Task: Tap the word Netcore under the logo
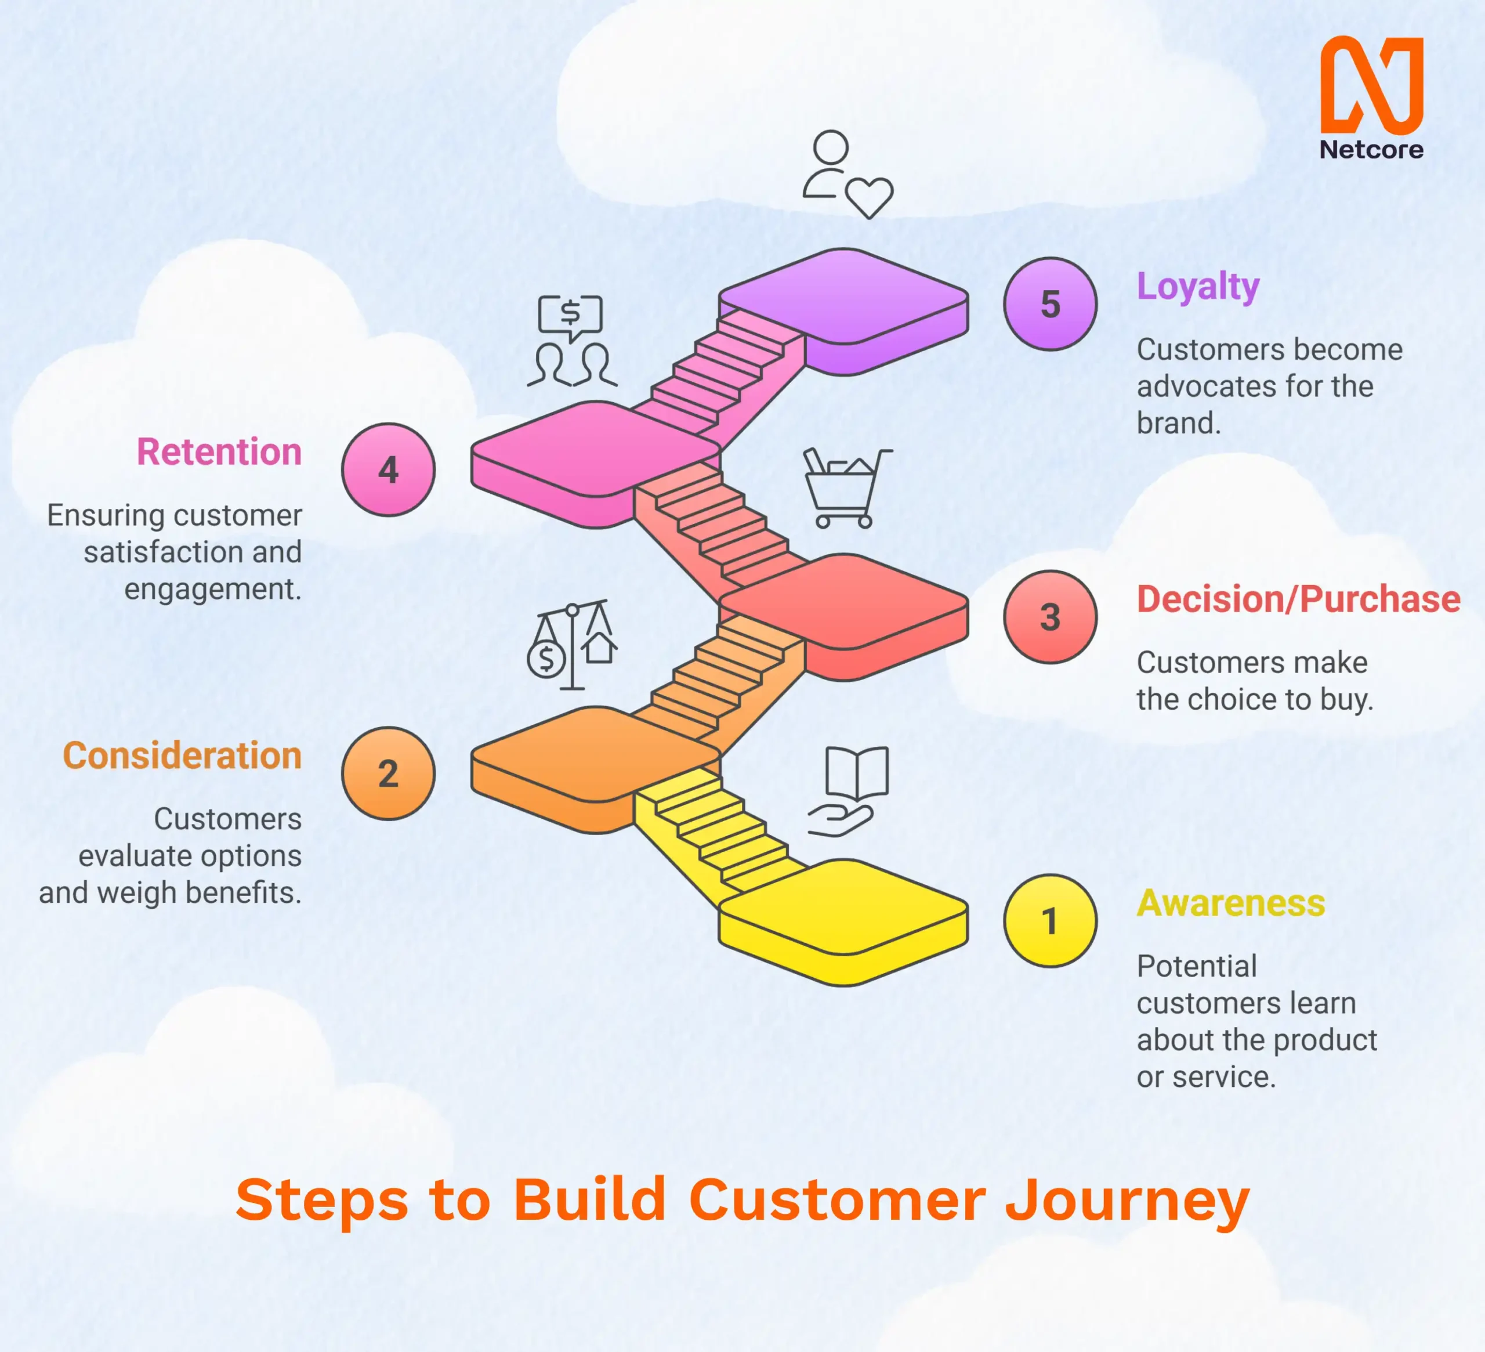click(1371, 150)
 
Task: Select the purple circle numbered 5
click(1050, 303)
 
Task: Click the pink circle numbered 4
click(388, 469)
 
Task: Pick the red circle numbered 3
click(1050, 617)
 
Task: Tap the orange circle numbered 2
click(388, 773)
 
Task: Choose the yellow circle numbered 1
click(1050, 921)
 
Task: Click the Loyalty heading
click(1198, 287)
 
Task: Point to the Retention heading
click(219, 451)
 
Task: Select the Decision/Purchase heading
click(1298, 599)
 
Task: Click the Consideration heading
click(183, 756)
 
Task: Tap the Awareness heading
click(1230, 903)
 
